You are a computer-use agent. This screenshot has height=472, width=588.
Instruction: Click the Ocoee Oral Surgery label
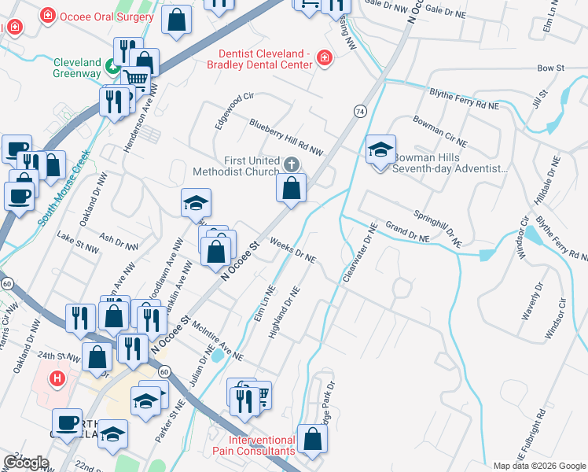point(100,15)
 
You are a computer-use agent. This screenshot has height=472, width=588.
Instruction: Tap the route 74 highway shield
point(359,112)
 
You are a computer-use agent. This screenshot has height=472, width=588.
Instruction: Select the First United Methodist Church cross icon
point(292,164)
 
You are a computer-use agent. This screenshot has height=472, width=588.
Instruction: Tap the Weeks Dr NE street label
point(292,250)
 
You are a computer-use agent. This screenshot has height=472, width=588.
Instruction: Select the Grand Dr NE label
point(406,232)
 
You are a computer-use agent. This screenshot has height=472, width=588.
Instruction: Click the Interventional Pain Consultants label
point(262,445)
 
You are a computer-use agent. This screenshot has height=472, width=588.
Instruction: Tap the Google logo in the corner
point(26,463)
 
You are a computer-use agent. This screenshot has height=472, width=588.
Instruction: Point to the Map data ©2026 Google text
point(539,466)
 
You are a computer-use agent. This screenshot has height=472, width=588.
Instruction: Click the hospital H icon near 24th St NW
point(57,378)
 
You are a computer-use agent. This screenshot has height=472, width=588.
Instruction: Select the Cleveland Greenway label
point(77,68)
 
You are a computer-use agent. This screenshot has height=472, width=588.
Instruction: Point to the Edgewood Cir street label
point(234,110)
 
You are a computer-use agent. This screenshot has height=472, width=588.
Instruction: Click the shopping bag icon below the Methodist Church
point(291,189)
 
